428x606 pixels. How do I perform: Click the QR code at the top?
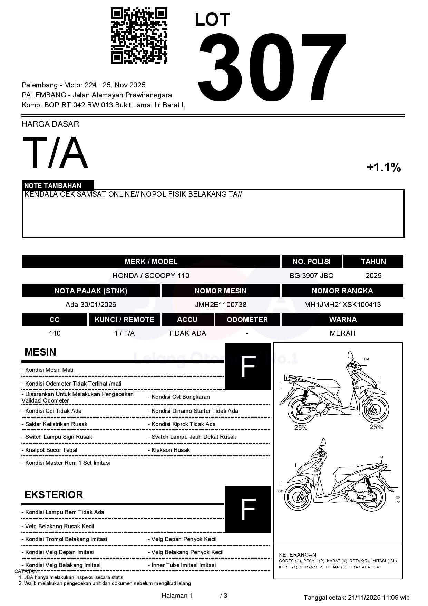pyautogui.click(x=139, y=36)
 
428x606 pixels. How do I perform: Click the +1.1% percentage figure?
pyautogui.click(x=383, y=168)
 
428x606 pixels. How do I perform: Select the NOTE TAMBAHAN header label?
pyautogui.click(x=53, y=186)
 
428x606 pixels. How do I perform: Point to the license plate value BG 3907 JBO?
pyautogui.click(x=312, y=276)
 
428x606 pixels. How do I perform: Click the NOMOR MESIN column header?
pyautogui.click(x=220, y=291)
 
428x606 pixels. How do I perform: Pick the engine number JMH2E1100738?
pyautogui.click(x=221, y=305)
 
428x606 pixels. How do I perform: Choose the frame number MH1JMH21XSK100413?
pyautogui.click(x=342, y=305)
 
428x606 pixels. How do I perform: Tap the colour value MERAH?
pyautogui.click(x=342, y=333)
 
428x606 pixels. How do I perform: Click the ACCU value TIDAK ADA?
pyautogui.click(x=187, y=333)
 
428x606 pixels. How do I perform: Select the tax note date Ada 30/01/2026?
pyautogui.click(x=91, y=305)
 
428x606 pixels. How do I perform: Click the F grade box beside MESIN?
pyautogui.click(x=247, y=367)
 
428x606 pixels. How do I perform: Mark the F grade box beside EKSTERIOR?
pyautogui.click(x=247, y=509)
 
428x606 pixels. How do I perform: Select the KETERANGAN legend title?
pyautogui.click(x=298, y=555)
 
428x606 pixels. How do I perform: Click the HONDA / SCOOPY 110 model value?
pyautogui.click(x=151, y=276)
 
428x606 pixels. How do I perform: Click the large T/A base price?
pyautogui.click(x=55, y=153)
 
